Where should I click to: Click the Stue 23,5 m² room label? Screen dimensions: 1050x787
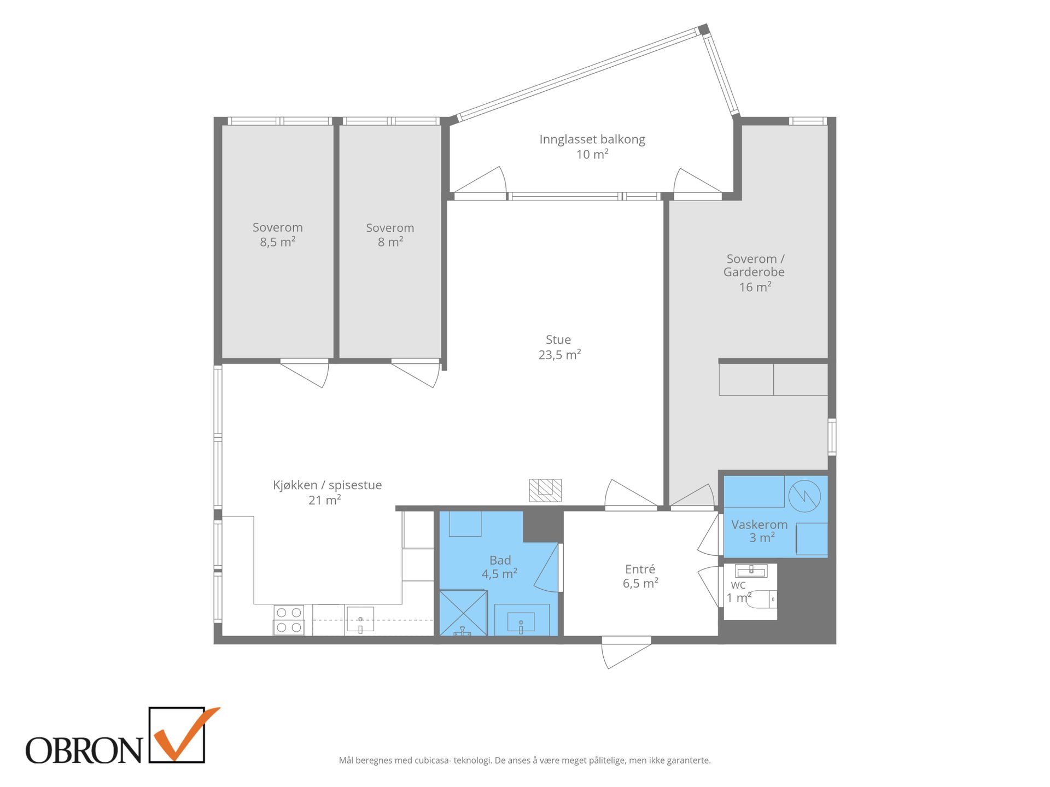pos(559,347)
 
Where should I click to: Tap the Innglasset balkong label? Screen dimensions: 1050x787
pos(592,139)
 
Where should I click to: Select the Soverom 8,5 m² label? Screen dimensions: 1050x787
pos(278,234)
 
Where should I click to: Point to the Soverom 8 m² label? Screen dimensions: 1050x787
pos(390,235)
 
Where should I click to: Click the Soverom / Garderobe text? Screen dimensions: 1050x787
pos(755,265)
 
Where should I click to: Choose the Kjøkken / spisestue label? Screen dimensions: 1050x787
pos(327,485)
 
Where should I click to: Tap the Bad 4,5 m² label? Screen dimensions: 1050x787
pos(500,567)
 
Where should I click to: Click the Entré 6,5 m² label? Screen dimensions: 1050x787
pos(640,576)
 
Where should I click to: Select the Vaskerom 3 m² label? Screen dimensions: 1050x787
pos(760,531)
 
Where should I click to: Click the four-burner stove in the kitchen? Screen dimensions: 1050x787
pos(289,620)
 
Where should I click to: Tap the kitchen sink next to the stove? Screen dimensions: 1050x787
pos(360,620)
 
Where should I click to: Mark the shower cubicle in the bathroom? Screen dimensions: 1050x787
pos(463,613)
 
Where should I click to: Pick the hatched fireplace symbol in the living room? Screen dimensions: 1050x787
pos(545,490)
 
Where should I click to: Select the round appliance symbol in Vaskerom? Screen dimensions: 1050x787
pos(804,496)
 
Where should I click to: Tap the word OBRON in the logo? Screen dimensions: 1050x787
pos(84,750)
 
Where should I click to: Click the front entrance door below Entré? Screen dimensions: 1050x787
pos(626,651)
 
